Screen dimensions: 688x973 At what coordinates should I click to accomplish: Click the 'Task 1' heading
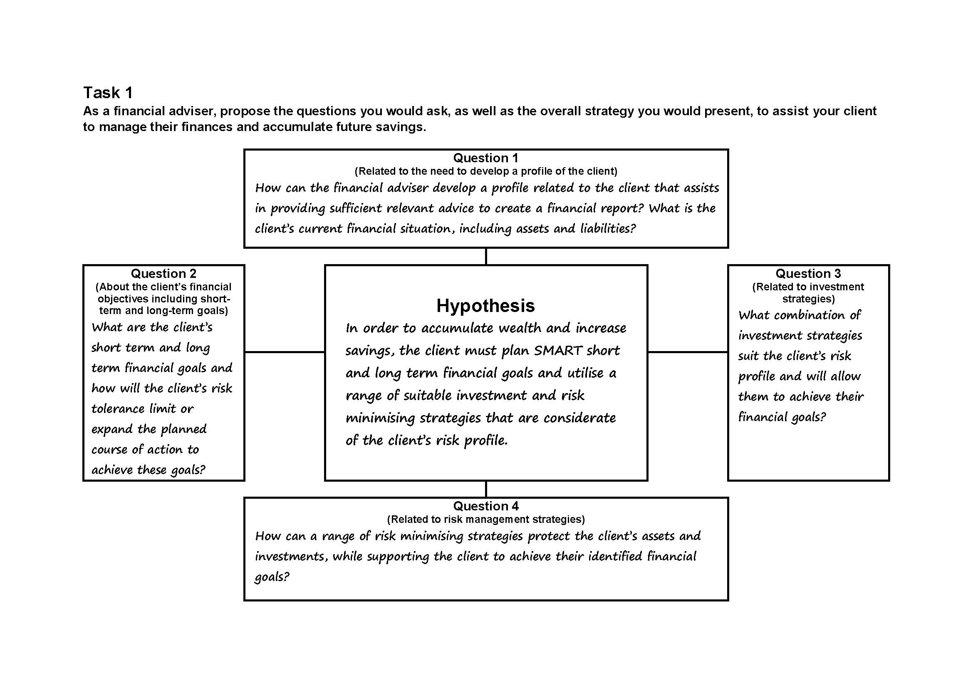(108, 92)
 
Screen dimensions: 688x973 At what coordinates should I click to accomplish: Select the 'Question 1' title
(485, 158)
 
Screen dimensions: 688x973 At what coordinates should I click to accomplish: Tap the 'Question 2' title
(163, 274)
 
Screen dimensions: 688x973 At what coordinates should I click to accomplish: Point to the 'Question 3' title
(808, 274)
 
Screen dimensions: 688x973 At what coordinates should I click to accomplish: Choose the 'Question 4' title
(485, 506)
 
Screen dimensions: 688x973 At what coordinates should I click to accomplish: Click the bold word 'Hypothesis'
(485, 305)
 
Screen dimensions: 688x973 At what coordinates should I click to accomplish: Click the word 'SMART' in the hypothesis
(558, 350)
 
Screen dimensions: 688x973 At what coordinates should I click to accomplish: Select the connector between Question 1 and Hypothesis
(485, 256)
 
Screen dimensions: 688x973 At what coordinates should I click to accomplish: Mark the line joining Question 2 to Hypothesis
(285, 351)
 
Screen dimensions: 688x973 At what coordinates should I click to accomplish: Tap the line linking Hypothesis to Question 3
(687, 351)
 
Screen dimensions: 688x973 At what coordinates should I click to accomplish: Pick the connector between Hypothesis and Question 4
(485, 489)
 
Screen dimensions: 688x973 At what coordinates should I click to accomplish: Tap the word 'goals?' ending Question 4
(272, 577)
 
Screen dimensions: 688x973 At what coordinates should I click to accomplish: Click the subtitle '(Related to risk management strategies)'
(485, 520)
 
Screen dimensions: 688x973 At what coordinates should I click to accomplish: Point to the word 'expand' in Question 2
(112, 429)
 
